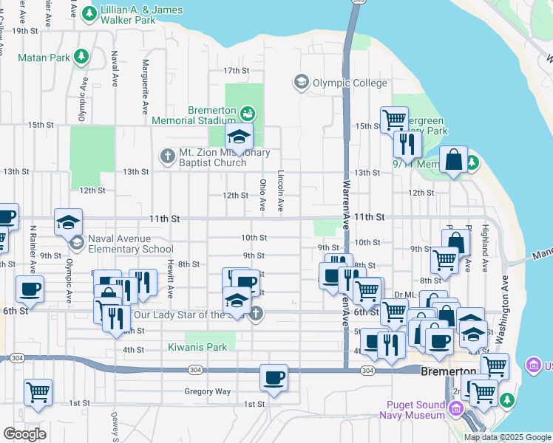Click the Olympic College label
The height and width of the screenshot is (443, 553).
[349, 83]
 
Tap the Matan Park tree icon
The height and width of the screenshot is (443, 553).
[81, 55]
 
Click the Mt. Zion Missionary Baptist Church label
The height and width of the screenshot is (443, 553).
[223, 157]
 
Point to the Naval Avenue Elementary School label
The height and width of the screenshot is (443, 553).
[130, 244]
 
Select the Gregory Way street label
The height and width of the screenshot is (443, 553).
[208, 391]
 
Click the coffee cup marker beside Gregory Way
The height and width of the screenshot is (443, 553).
[274, 378]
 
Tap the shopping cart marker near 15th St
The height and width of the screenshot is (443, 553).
[394, 119]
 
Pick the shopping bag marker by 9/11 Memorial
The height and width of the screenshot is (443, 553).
[452, 159]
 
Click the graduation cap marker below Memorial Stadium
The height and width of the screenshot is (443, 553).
[239, 137]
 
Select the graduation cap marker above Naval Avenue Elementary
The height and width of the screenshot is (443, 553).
[67, 222]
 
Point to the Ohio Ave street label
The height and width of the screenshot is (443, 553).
[262, 193]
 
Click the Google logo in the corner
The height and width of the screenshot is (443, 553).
[24, 434]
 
